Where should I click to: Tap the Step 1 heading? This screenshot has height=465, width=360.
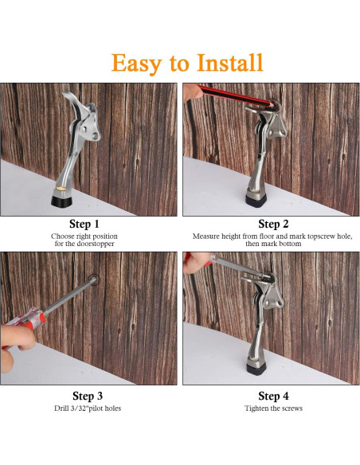coord(85,224)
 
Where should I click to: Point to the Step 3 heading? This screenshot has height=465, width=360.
coord(88,396)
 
